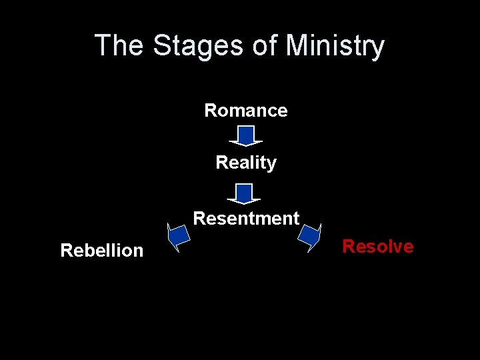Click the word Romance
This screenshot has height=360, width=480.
point(245,111)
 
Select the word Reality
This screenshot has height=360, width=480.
point(246,163)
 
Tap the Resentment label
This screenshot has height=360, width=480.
point(246,219)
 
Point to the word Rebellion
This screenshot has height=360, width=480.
point(101,251)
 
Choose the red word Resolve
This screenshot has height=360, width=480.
point(377,247)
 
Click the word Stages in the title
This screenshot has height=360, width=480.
point(198,46)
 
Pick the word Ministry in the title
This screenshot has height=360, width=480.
point(335,46)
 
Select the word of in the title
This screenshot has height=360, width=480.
point(265,46)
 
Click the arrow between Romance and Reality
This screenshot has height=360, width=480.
point(246,136)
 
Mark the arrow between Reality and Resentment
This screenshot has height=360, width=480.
point(244,193)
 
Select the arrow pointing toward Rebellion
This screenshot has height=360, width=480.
point(178,237)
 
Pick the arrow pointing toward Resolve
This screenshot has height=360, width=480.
point(309,235)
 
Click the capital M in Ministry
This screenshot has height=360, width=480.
point(297,46)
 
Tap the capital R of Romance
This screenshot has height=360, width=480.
point(210,111)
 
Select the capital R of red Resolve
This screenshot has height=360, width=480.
point(348,247)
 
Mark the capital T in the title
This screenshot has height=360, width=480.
point(102,46)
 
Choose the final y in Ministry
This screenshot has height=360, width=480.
point(378,49)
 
